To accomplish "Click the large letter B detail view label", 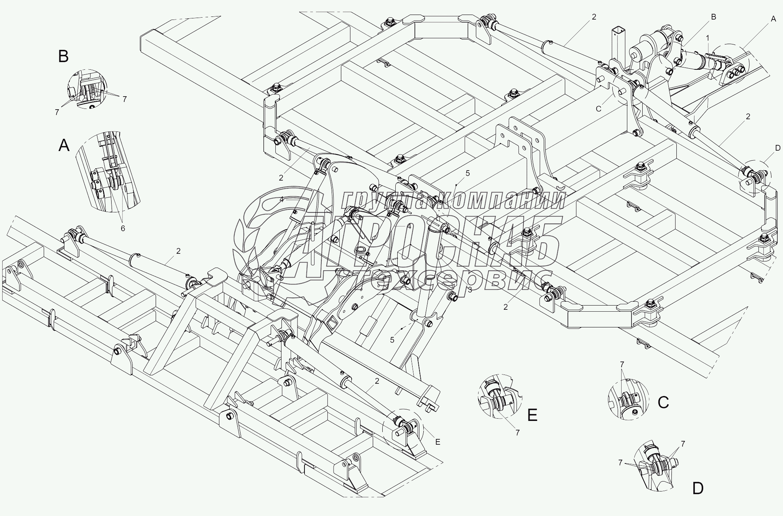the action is [x=64, y=57].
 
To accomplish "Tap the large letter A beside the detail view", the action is [x=64, y=146].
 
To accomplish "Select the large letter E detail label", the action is [x=532, y=415].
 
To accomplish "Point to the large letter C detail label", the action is [x=663, y=402].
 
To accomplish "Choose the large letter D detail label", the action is [x=698, y=488].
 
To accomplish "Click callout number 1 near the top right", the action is [x=707, y=38].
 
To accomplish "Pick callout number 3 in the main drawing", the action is [x=470, y=290].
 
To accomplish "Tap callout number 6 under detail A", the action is [x=123, y=228].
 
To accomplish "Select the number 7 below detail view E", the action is [x=517, y=432].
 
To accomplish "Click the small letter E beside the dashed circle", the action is [x=438, y=442].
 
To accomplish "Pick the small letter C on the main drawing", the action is [x=598, y=109].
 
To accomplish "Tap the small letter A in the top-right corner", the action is [x=773, y=18].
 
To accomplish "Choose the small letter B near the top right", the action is [x=713, y=17].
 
